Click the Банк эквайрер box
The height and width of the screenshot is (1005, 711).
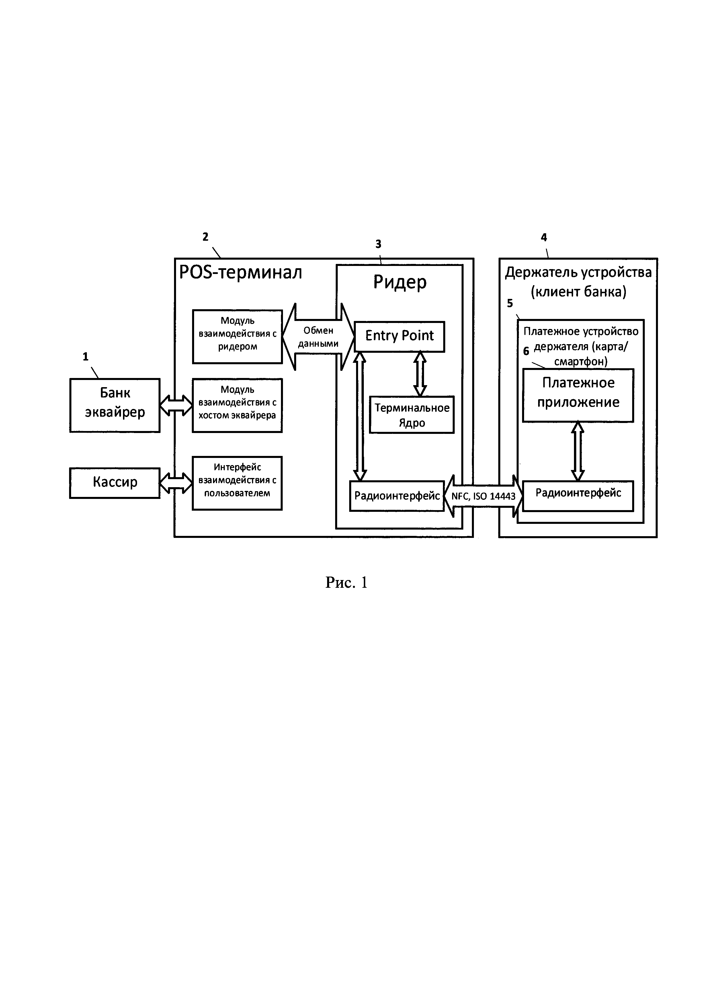tap(115, 405)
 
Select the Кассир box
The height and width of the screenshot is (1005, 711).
tap(115, 483)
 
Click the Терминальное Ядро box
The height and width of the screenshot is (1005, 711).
tap(411, 415)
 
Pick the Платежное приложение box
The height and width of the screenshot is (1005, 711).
tap(578, 395)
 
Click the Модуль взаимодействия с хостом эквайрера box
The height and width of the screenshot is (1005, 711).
tap(237, 405)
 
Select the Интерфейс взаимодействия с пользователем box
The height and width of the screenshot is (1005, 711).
tap(237, 483)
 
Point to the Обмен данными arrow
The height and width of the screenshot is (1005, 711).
tap(318, 337)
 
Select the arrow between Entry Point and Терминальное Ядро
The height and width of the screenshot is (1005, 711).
tap(420, 374)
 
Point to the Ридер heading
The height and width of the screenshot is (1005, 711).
tap(399, 282)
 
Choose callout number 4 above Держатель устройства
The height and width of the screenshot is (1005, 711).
tap(544, 237)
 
